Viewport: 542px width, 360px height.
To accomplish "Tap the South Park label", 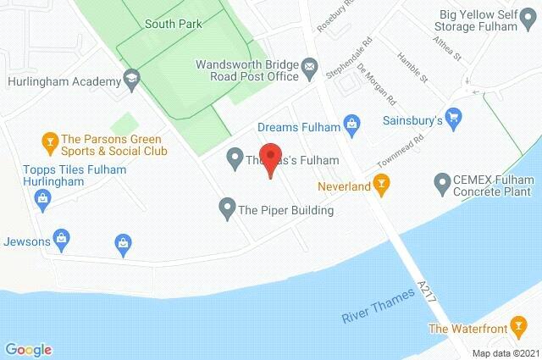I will (173, 24).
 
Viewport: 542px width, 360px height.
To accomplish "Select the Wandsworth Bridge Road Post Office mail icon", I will (309, 65).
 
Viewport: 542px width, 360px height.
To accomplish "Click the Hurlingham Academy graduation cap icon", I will (131, 81).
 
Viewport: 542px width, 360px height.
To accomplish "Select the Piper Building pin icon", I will (226, 207).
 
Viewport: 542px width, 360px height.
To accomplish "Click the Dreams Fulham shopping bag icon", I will (352, 127).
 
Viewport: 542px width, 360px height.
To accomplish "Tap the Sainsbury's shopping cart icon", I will (453, 119).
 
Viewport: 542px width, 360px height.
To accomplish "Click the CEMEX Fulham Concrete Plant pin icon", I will (441, 181).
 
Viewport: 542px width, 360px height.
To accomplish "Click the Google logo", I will (28, 349).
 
